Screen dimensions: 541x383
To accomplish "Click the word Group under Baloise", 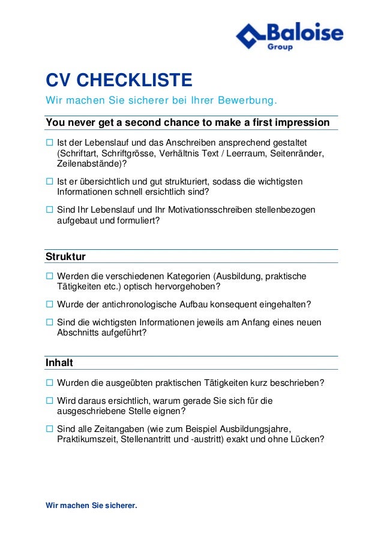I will [x=280, y=47].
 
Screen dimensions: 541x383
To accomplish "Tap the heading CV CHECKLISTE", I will [x=119, y=80].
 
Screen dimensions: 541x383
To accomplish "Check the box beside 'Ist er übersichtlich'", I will [x=50, y=182].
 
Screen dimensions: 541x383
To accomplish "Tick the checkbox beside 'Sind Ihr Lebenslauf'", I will [x=50, y=210].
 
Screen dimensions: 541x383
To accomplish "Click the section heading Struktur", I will [x=65, y=256].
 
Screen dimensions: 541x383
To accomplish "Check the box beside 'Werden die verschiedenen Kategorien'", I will [x=50, y=276].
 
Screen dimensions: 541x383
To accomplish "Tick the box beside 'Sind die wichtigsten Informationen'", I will [x=50, y=323].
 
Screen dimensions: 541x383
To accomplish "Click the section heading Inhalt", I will [x=59, y=363].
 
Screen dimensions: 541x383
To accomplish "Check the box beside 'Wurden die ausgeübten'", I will [x=50, y=383].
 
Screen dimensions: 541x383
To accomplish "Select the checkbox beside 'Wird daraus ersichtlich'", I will [x=50, y=401].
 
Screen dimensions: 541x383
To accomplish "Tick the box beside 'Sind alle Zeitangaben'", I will [x=50, y=429].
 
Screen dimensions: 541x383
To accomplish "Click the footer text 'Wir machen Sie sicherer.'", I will [x=91, y=506].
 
